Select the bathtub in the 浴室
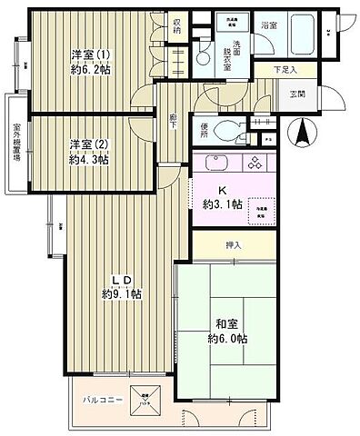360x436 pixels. tap(301, 40)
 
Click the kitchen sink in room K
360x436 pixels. tap(215, 165)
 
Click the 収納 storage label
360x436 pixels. tap(177, 26)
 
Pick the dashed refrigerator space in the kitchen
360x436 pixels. tap(260, 206)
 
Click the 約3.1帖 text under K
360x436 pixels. tap(224, 204)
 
